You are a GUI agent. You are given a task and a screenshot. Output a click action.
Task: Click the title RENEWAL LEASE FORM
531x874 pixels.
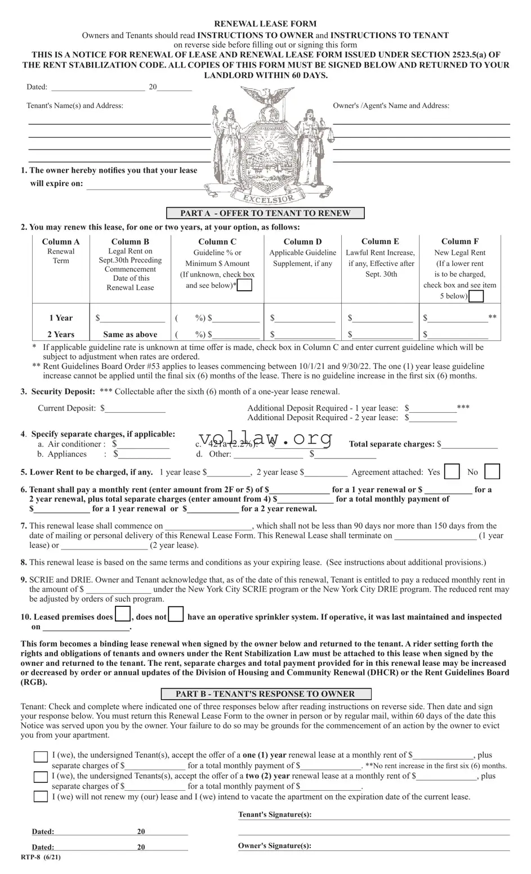coord(265,24)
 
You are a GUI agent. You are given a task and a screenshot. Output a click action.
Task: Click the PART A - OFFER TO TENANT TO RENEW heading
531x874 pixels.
coord(265,213)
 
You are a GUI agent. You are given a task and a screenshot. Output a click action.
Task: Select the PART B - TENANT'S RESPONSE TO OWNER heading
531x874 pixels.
coord(265,693)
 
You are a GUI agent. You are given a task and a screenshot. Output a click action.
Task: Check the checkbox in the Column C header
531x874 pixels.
coord(245,285)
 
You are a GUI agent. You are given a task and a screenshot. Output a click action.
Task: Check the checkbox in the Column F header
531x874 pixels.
coord(476,296)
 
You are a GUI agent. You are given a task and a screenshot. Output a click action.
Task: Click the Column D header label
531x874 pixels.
coord(302,241)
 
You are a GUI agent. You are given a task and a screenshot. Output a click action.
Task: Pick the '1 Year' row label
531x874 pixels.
coord(61,318)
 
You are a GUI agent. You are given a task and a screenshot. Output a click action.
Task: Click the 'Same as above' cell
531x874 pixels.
coord(130,334)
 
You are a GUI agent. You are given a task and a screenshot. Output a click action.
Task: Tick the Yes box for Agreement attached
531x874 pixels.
coord(452,472)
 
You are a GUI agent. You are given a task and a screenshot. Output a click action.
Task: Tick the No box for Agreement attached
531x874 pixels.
coord(492,472)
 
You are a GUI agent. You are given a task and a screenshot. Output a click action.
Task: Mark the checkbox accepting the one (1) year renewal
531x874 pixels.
coord(41,756)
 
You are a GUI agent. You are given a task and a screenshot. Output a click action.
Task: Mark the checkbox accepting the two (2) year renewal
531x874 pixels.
coord(41,777)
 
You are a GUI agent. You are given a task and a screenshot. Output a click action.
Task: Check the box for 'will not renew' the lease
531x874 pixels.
coord(41,796)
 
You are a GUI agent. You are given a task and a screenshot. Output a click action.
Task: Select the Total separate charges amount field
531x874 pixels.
coord(470,444)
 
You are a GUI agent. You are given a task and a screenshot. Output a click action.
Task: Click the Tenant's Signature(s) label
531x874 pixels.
coord(275,814)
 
